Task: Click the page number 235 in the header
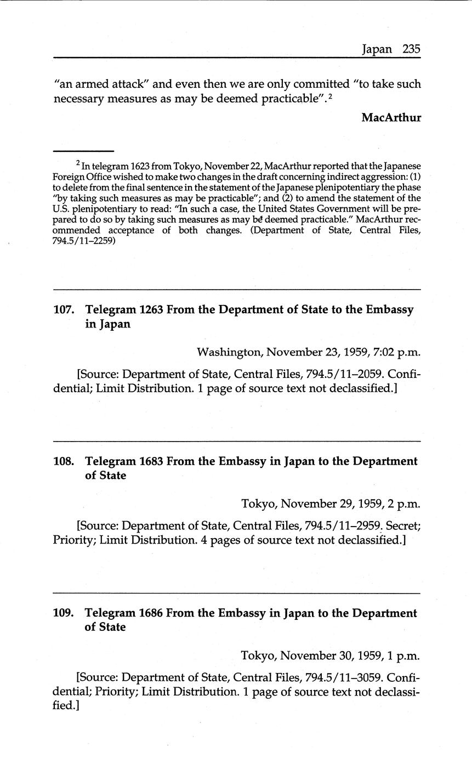(411, 49)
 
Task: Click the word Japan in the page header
(377, 49)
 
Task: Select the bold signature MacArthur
(391, 117)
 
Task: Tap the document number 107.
(63, 309)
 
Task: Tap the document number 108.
(63, 461)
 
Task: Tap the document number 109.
(63, 613)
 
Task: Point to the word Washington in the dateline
(229, 352)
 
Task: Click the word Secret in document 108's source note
(401, 526)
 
